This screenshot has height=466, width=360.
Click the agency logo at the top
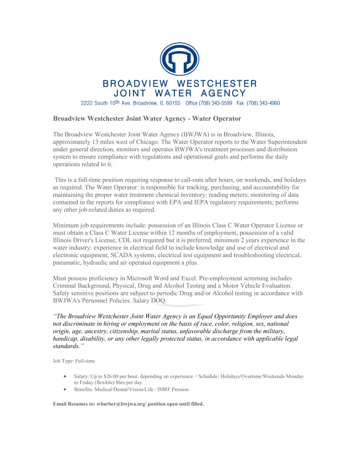point(179,59)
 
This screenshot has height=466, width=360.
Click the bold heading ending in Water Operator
point(147,119)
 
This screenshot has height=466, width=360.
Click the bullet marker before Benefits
point(66,390)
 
